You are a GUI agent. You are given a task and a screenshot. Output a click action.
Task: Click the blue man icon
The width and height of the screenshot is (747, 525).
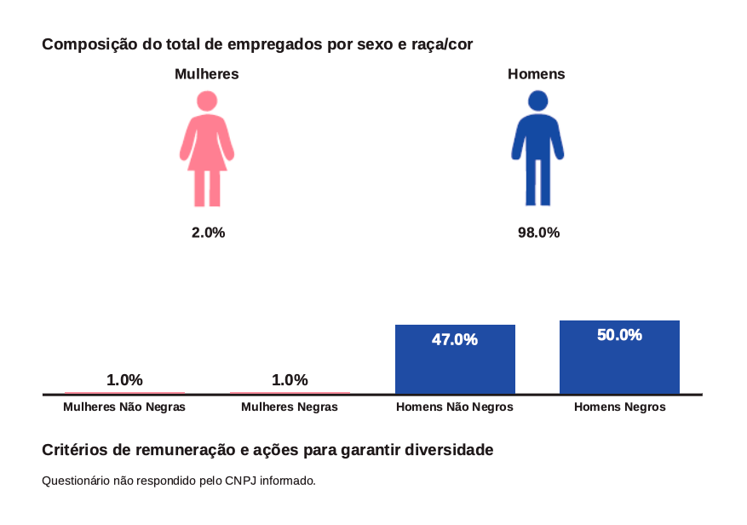click(x=537, y=149)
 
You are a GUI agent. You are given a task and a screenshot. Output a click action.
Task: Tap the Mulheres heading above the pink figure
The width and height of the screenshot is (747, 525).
click(x=206, y=74)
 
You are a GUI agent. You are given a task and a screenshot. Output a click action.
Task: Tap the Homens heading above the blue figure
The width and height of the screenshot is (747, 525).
click(x=537, y=74)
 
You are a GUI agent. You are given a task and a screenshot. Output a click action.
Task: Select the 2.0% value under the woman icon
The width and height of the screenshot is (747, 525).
click(x=208, y=233)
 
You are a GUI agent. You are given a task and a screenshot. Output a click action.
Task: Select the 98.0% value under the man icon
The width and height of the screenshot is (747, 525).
click(x=538, y=233)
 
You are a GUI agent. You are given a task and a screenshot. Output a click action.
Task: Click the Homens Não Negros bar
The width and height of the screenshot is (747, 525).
click(x=455, y=366)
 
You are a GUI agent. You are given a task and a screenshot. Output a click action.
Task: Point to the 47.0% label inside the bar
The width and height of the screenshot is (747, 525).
click(x=455, y=340)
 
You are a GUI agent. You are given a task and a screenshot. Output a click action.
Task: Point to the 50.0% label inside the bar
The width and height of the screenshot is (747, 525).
click(x=619, y=335)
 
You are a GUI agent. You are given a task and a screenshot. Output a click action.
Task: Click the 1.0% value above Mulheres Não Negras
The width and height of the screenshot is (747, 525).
click(x=124, y=380)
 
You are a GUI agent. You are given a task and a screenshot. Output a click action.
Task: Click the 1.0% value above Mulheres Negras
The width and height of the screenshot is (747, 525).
click(x=290, y=380)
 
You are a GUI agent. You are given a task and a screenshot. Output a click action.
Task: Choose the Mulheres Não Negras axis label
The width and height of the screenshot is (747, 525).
click(x=124, y=407)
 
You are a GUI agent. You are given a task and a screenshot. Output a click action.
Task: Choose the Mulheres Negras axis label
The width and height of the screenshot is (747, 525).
click(x=290, y=407)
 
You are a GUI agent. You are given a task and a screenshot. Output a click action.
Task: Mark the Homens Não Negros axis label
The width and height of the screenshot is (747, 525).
click(x=455, y=407)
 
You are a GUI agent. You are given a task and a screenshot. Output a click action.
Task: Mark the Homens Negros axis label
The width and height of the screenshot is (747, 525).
click(x=620, y=407)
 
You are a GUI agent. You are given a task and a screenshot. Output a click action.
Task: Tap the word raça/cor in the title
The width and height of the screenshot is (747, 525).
click(x=442, y=43)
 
